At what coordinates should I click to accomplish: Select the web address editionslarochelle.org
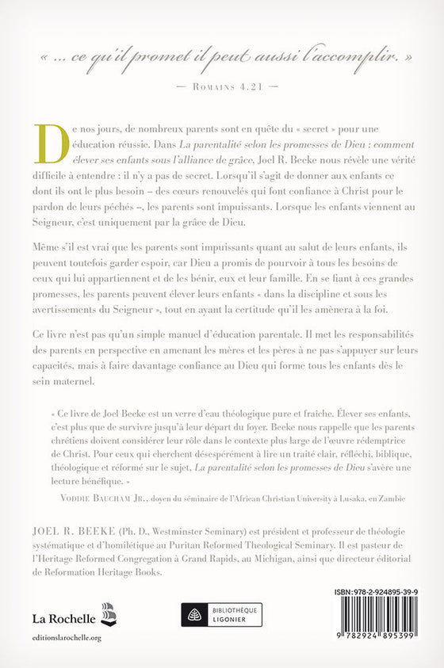(67, 636)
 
